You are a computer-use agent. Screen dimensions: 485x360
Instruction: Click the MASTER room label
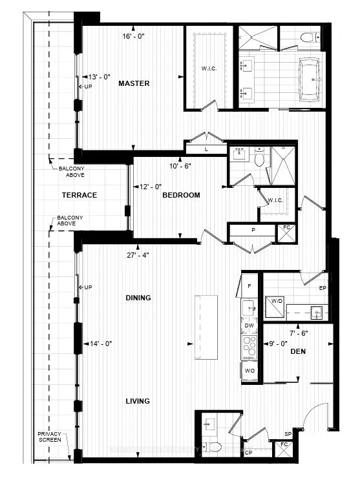tap(134, 83)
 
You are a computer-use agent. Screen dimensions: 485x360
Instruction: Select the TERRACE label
tap(79, 195)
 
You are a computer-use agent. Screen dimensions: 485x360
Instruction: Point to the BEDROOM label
tap(181, 195)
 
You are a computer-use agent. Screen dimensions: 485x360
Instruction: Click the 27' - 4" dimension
tap(138, 254)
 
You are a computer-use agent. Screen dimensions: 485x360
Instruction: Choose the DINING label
tap(138, 298)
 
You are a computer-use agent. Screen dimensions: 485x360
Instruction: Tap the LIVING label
tap(138, 401)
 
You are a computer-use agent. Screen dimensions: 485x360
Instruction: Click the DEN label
tap(298, 351)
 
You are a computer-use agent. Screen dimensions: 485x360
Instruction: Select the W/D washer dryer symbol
tap(277, 308)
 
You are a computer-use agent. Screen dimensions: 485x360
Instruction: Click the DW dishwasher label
tap(249, 326)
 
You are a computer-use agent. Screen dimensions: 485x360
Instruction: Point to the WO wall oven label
tap(249, 371)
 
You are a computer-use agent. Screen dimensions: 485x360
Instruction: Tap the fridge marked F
tap(249, 284)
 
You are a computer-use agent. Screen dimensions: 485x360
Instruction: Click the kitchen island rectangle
tap(206, 328)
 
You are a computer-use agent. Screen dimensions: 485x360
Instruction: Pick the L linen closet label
tap(206, 149)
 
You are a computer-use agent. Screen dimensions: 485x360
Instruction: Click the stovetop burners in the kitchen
tap(249, 348)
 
